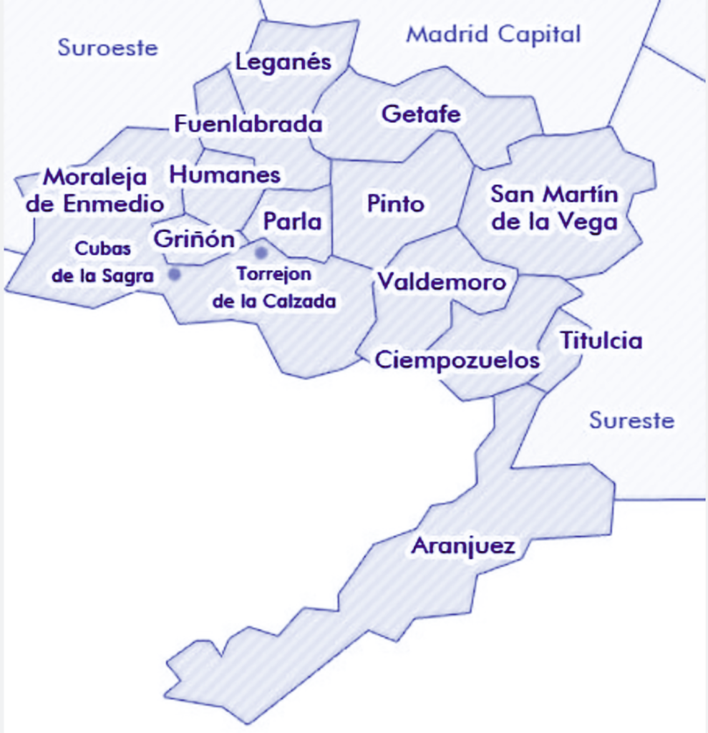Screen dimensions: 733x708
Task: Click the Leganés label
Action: [x=283, y=62]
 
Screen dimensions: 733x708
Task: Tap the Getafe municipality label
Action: [x=421, y=114]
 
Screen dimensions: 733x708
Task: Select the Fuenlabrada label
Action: [x=248, y=124]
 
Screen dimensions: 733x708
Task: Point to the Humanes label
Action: [x=225, y=175]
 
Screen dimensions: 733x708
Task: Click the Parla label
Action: [x=292, y=221]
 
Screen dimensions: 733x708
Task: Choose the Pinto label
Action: [x=395, y=204]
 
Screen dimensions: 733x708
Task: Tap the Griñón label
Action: [x=195, y=238]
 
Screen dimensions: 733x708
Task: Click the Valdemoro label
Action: [x=442, y=281]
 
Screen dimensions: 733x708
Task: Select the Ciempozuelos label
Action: [x=457, y=359]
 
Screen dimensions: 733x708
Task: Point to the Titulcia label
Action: [x=601, y=341]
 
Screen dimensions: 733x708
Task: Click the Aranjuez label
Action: [x=462, y=547]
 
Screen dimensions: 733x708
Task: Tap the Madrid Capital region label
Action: [x=493, y=34]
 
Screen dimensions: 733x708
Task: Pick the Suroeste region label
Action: [x=107, y=48]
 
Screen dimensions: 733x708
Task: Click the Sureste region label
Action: [x=631, y=420]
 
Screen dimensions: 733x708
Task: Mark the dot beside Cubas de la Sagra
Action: [x=174, y=273]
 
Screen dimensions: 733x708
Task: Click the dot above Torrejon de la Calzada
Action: [x=261, y=252]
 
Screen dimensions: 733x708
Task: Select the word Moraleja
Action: [x=95, y=177]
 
